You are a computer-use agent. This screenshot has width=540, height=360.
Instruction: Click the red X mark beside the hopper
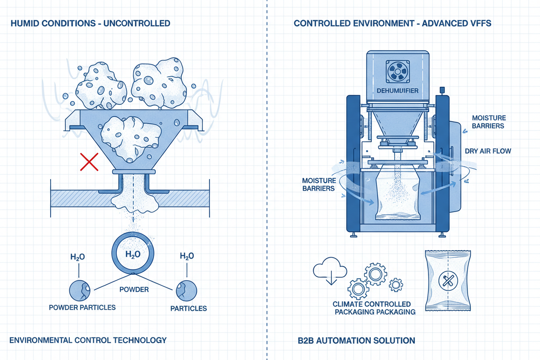(89, 163)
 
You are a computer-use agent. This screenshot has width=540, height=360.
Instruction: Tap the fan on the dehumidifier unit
(398, 71)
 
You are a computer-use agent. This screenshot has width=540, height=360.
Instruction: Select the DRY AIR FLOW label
(488, 151)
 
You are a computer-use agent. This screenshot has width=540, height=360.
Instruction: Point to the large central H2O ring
(132, 254)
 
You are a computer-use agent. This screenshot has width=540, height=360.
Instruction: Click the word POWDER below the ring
(134, 289)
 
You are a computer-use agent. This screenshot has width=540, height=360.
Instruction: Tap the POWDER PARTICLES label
(82, 307)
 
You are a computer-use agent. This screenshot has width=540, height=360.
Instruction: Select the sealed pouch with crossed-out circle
(448, 281)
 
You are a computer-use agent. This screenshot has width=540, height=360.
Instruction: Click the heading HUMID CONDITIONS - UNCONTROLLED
(90, 23)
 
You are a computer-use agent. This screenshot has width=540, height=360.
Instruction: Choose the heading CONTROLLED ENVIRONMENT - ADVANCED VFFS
(392, 23)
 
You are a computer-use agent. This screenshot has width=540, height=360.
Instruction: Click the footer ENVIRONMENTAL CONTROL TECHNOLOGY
(88, 340)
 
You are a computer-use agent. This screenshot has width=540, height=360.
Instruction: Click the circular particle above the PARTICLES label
(186, 290)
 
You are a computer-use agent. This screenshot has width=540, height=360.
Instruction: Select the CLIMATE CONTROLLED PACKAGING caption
(374, 308)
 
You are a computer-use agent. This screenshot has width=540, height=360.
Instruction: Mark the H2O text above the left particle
(78, 257)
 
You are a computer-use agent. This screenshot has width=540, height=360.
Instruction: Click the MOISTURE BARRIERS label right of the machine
(488, 122)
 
